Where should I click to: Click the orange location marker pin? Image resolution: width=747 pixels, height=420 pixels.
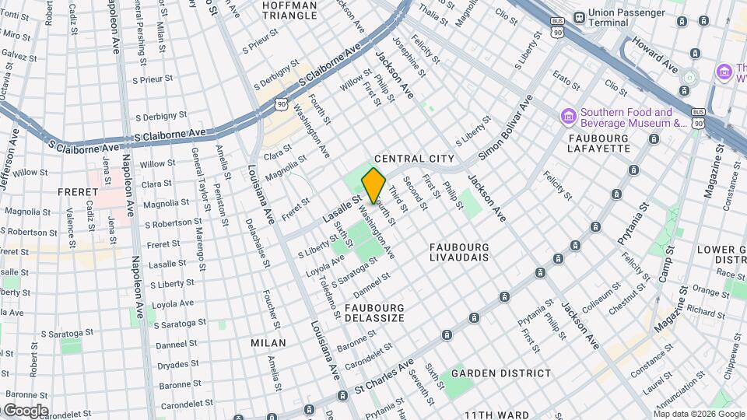point(373,185)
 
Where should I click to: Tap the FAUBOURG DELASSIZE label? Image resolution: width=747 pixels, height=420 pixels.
point(374,313)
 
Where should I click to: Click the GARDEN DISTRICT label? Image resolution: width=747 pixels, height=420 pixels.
point(501,373)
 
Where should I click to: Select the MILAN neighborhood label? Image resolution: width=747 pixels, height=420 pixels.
point(268,342)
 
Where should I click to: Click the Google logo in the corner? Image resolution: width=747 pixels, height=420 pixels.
point(25,410)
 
